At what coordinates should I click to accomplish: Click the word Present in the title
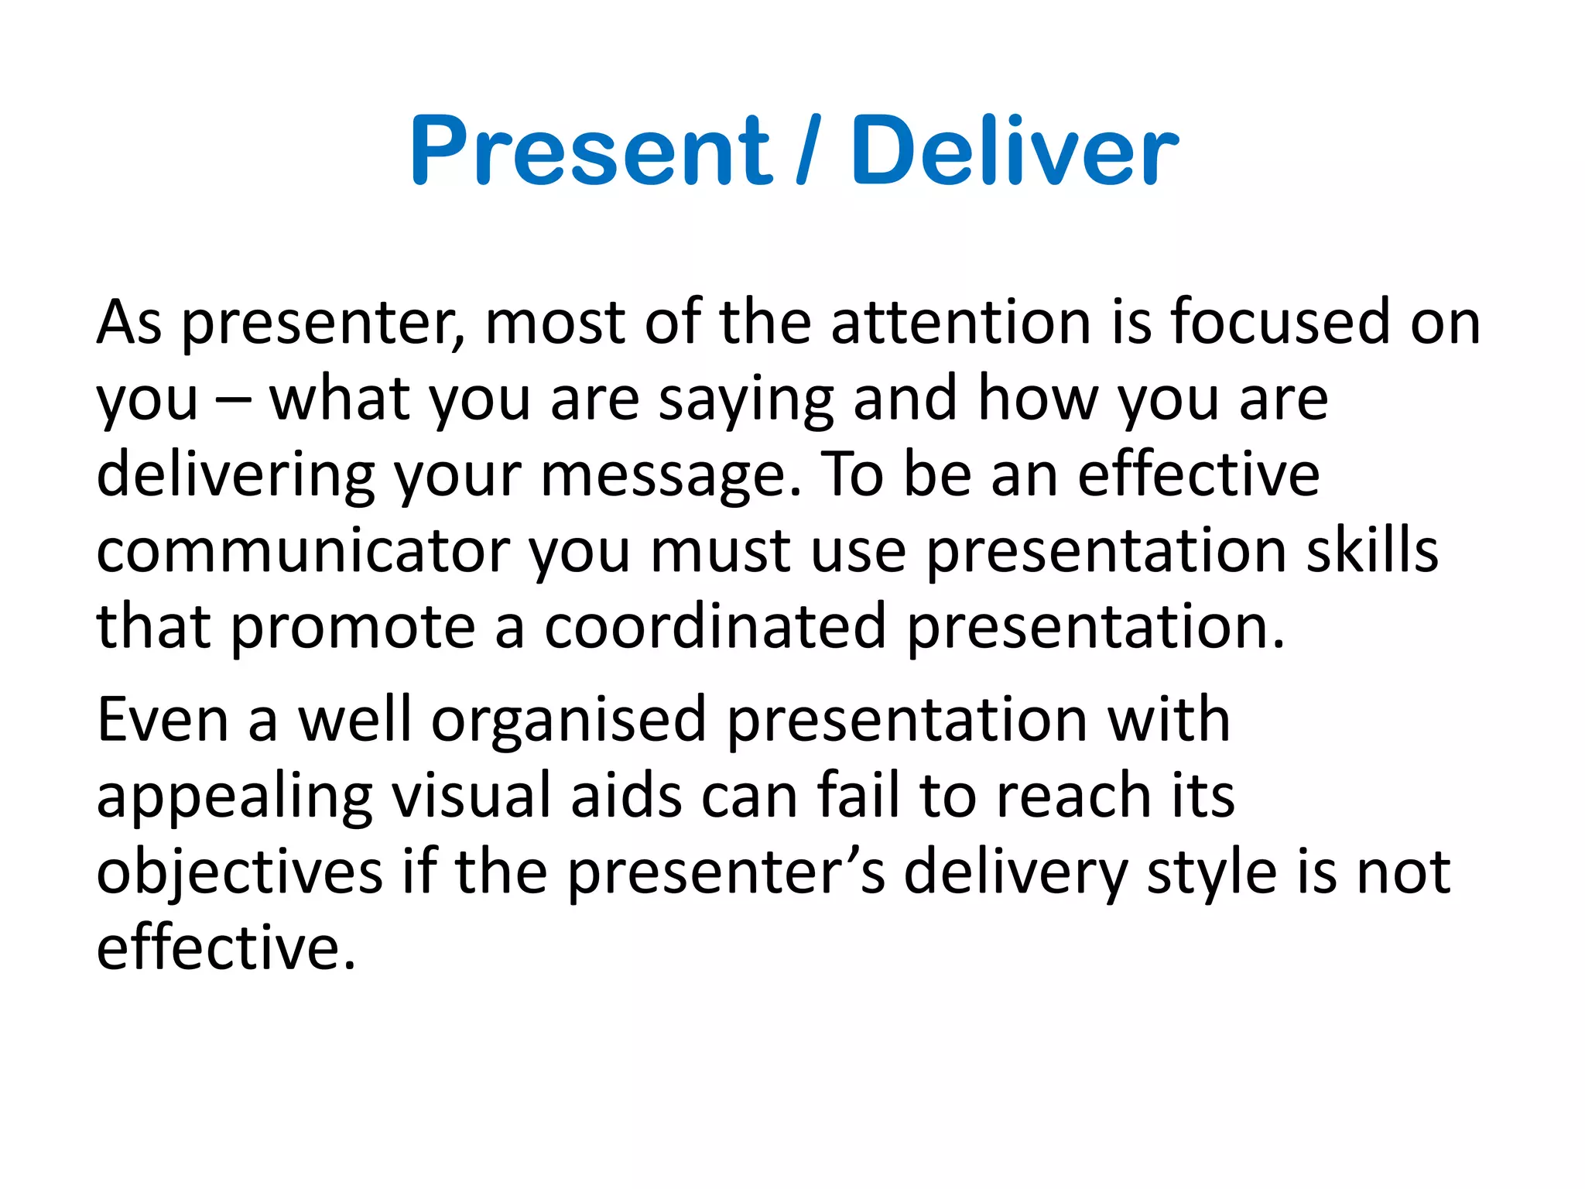pos(591,151)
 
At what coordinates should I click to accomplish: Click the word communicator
pos(303,551)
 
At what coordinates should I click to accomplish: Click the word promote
pos(353,629)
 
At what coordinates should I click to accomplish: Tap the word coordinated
pos(714,627)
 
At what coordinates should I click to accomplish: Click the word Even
pos(163,720)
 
